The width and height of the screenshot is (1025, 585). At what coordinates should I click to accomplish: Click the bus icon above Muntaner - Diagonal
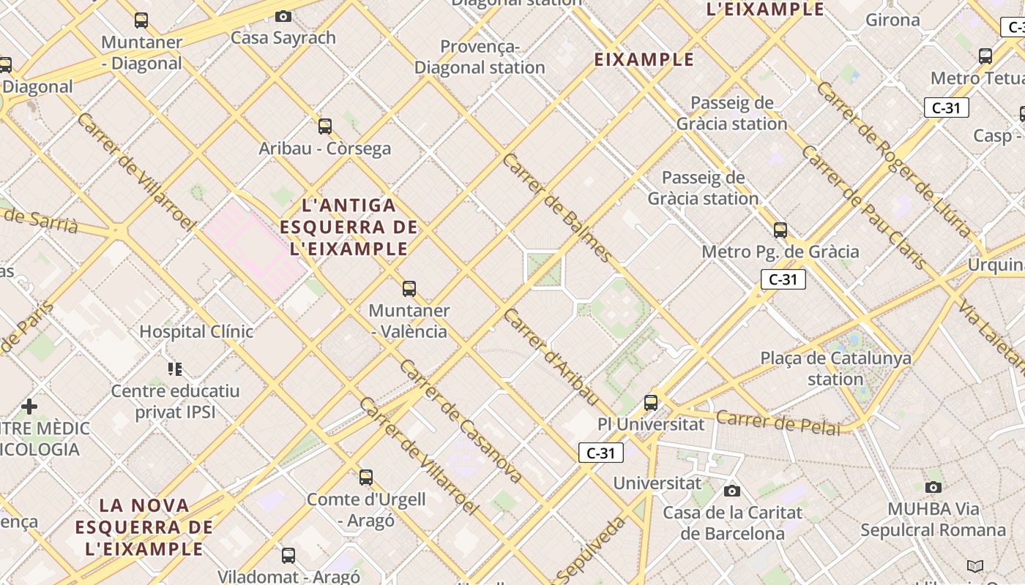pyautogui.click(x=141, y=20)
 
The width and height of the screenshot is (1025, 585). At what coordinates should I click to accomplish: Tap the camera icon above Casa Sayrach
pyautogui.click(x=283, y=16)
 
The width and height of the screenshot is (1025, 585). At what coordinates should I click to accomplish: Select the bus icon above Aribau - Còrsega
pyautogui.click(x=325, y=127)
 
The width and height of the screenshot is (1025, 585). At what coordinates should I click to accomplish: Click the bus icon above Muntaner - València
pyautogui.click(x=409, y=289)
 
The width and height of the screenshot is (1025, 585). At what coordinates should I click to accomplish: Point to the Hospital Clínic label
pyautogui.click(x=196, y=331)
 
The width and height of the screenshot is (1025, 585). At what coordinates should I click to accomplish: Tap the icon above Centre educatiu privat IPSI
pyautogui.click(x=174, y=369)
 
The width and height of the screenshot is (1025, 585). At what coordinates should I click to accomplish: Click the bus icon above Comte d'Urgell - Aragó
pyautogui.click(x=366, y=478)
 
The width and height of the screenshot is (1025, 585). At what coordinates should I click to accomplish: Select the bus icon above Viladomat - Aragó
pyautogui.click(x=288, y=555)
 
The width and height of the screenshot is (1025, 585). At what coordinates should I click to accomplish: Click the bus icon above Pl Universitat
pyautogui.click(x=651, y=402)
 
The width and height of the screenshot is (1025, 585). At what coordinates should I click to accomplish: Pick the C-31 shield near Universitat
pyautogui.click(x=601, y=453)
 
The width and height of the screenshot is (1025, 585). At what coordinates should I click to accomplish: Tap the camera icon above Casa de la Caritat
pyautogui.click(x=731, y=491)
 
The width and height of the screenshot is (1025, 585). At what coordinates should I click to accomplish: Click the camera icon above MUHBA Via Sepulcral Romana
pyautogui.click(x=933, y=487)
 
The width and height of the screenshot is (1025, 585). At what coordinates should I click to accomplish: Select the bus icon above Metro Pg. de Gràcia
pyautogui.click(x=780, y=230)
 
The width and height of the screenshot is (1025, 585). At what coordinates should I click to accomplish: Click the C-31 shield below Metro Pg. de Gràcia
pyautogui.click(x=783, y=279)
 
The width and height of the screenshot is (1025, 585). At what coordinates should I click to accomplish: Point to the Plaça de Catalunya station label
pyautogui.click(x=835, y=369)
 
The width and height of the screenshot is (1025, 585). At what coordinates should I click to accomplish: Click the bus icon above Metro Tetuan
pyautogui.click(x=985, y=56)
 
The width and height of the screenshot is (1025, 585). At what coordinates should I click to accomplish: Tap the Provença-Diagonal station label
pyautogui.click(x=480, y=57)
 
